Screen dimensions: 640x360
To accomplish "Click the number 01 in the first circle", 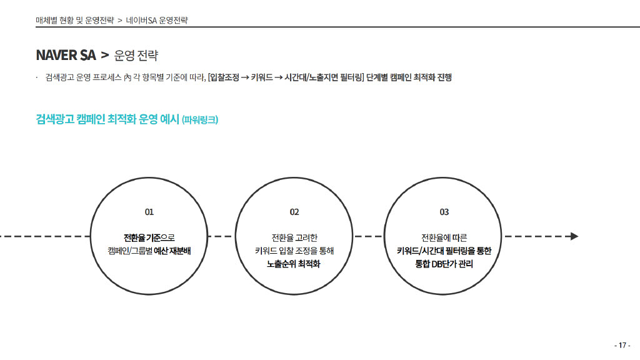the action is tap(149, 212).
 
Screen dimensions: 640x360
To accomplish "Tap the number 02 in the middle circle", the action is tap(294, 212).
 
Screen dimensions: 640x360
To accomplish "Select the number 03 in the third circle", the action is tap(444, 212).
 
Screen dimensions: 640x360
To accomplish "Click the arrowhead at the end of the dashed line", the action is tap(574, 236).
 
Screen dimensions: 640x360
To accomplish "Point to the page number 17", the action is tap(622, 345).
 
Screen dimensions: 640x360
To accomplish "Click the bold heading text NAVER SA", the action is tap(66, 55).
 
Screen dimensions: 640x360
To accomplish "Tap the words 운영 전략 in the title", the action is tap(136, 55).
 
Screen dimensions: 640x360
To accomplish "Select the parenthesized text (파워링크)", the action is tap(200, 119).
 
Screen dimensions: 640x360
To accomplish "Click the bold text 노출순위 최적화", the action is tap(294, 264).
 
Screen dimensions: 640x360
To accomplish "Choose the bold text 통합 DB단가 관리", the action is tap(444, 264).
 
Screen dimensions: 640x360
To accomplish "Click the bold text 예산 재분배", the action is tap(172, 251).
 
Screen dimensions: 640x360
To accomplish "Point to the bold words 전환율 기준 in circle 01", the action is tap(142, 237).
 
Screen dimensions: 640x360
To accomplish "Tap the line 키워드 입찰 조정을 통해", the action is tap(294, 251).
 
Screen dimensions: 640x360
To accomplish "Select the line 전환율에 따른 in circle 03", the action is tap(444, 237).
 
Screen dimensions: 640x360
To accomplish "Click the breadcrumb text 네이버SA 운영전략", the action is tap(157, 21).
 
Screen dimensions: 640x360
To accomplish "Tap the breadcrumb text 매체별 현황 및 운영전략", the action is tap(75, 21).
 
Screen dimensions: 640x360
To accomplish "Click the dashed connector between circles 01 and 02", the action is tap(221, 236).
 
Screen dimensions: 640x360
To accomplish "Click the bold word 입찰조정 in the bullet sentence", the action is tap(224, 77).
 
